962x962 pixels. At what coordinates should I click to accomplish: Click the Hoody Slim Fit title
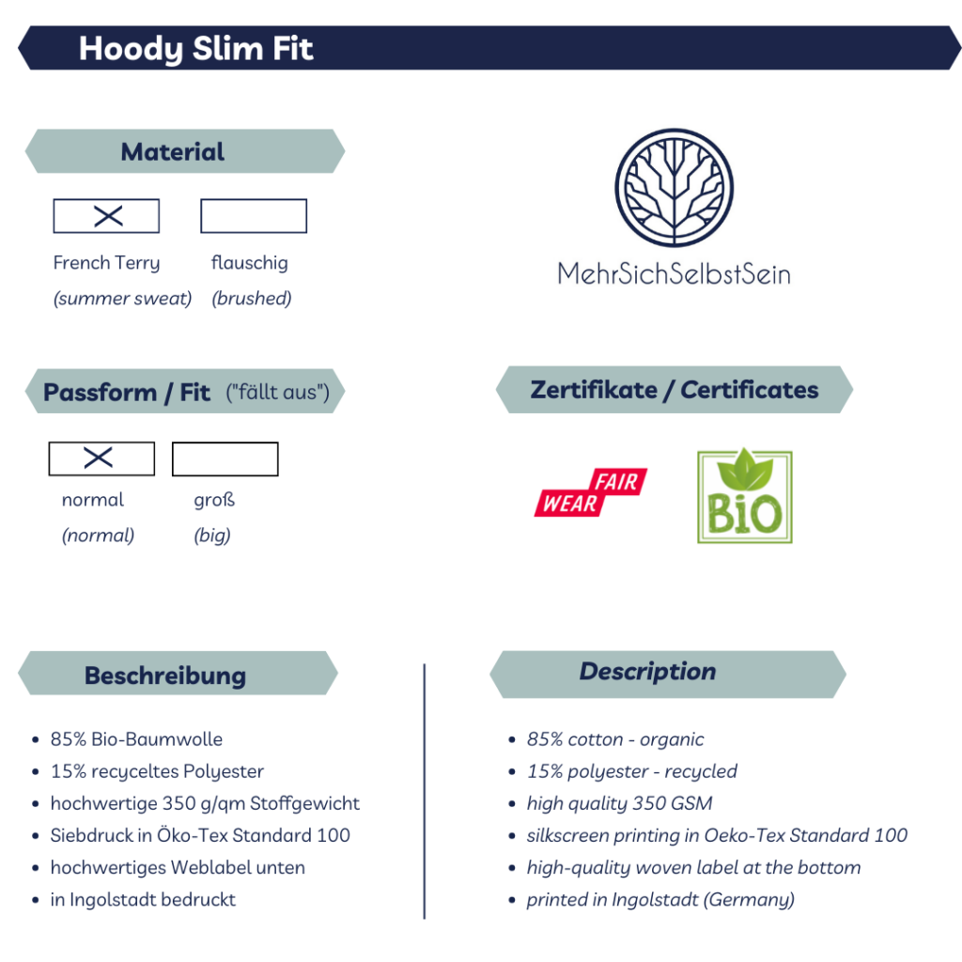[x=195, y=49]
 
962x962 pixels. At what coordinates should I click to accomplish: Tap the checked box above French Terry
[x=106, y=216]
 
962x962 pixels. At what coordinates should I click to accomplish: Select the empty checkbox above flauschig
[x=254, y=216]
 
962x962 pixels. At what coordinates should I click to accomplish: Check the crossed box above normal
[x=101, y=458]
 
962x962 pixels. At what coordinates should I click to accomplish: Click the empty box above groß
[x=225, y=458]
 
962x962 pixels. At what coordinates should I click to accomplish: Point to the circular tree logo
[x=675, y=187]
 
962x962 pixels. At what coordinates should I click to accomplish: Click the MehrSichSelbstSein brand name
[x=674, y=273]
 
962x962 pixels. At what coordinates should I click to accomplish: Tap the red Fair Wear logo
[x=591, y=492]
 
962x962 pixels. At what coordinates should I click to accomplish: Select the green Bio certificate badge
[x=745, y=496]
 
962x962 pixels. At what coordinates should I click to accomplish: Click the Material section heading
[x=173, y=151]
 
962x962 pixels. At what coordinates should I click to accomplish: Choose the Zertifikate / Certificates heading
[x=675, y=390]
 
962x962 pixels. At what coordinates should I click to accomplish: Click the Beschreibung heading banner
[x=178, y=673]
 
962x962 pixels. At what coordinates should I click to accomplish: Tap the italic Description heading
[x=648, y=671]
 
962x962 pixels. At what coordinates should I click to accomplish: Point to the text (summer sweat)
[x=123, y=298]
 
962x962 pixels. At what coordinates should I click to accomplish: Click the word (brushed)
[x=252, y=298]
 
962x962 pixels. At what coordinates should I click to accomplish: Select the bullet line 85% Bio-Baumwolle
[x=136, y=738]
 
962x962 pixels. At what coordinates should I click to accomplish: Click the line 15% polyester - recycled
[x=632, y=771]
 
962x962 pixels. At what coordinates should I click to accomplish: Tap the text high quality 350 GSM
[x=620, y=803]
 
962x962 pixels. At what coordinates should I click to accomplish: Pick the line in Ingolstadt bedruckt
[x=143, y=899]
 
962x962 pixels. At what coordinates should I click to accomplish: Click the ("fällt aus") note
[x=278, y=392]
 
